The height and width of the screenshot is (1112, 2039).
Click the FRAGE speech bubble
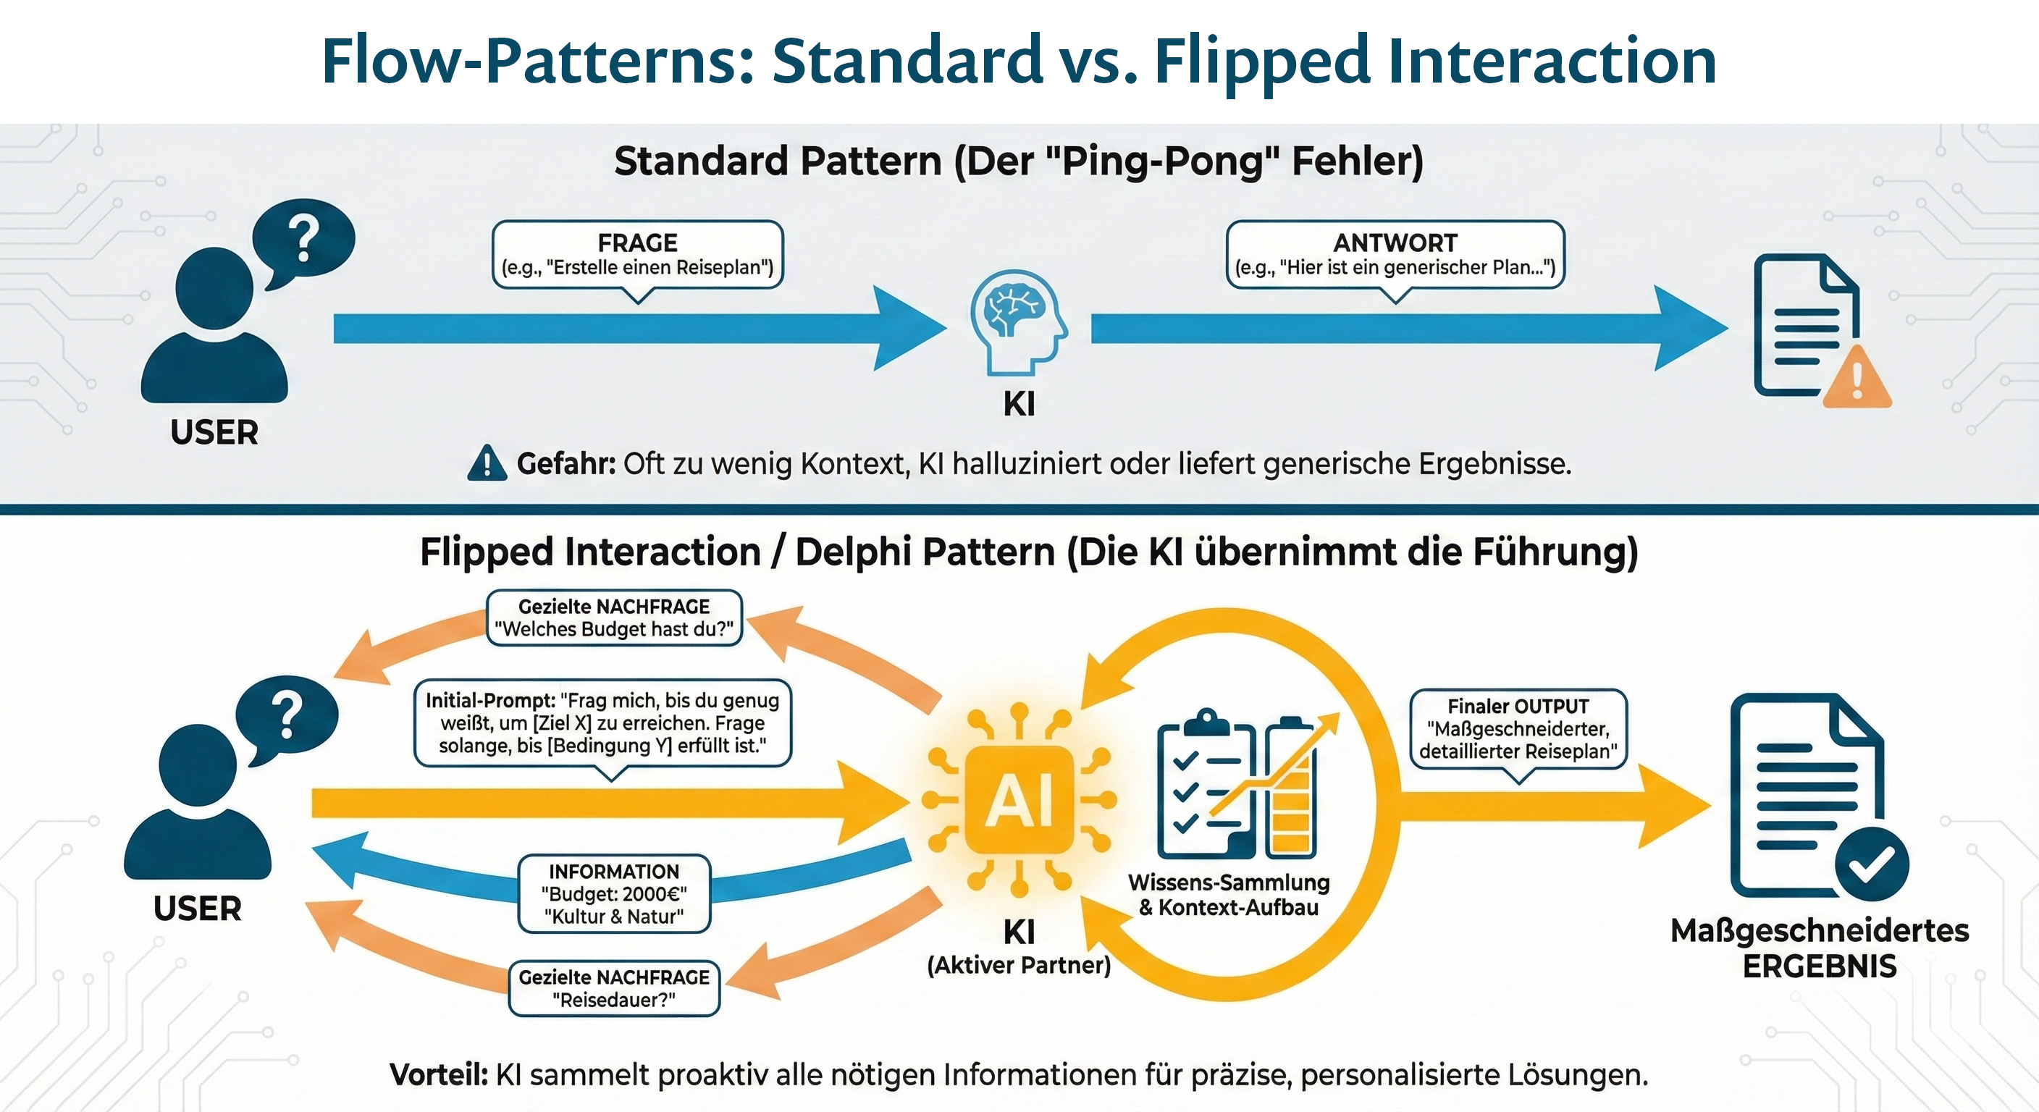(x=637, y=255)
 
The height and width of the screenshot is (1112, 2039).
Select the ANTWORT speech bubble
(x=1395, y=255)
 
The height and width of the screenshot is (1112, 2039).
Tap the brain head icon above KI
(x=1019, y=321)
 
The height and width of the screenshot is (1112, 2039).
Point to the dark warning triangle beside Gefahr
(x=487, y=464)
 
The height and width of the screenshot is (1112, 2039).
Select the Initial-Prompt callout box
(x=602, y=723)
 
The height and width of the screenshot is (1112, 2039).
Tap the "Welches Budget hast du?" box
(x=614, y=618)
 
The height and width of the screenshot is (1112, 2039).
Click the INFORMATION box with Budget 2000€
(x=614, y=893)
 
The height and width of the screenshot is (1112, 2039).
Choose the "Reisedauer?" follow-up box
(x=614, y=988)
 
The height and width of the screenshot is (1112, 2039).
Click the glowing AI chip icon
(x=1019, y=799)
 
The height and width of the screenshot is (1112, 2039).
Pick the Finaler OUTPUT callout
(x=1518, y=728)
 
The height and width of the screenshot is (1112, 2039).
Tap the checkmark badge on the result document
(x=1872, y=864)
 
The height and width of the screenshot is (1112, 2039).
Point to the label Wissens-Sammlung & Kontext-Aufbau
(x=1229, y=894)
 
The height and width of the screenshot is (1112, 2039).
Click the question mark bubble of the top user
(x=303, y=237)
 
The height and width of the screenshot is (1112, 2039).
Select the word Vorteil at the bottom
(x=439, y=1075)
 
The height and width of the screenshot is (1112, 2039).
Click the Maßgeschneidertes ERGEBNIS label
(x=1820, y=948)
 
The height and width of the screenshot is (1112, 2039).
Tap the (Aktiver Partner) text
(x=1019, y=966)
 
